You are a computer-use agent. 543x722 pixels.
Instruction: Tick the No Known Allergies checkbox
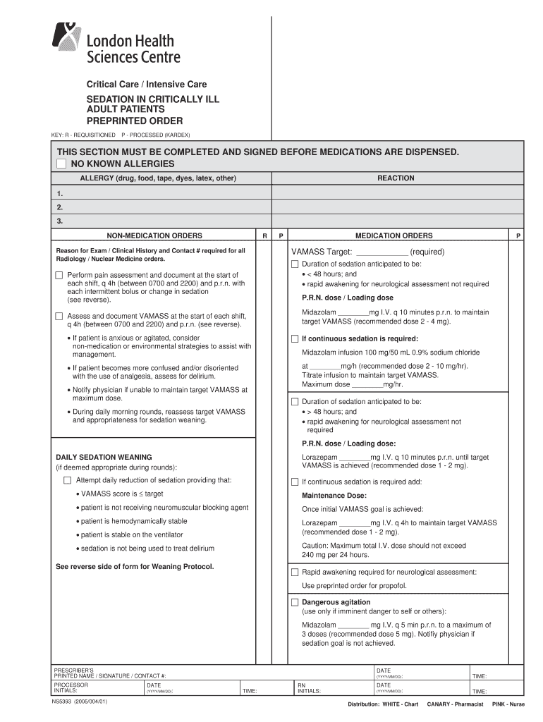[x=61, y=164]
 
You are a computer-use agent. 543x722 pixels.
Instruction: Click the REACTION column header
[x=396, y=178]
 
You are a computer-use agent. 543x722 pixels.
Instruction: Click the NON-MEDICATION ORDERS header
[x=154, y=235]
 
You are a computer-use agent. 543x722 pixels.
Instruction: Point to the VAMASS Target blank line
[x=382, y=252]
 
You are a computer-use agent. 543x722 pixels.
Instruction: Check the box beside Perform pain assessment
[x=59, y=275]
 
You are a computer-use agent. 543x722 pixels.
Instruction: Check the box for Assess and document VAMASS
[x=59, y=316]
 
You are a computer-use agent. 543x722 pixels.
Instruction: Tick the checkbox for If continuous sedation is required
[x=295, y=338]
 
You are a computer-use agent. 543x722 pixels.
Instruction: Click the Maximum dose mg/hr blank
[x=366, y=384]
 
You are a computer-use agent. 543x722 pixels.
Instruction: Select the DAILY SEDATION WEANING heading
[x=104, y=457]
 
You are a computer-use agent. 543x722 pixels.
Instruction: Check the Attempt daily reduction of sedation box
[x=68, y=480]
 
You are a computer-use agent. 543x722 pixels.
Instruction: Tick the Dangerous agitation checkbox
[x=295, y=603]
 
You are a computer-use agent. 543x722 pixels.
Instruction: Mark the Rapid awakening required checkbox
[x=295, y=572]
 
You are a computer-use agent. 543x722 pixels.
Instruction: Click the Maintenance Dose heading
[x=334, y=495]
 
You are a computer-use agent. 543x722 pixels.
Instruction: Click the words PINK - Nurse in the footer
[x=508, y=704]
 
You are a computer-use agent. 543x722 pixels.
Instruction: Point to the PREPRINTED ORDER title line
[x=135, y=121]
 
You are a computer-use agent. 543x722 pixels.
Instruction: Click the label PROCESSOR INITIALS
[x=71, y=687]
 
